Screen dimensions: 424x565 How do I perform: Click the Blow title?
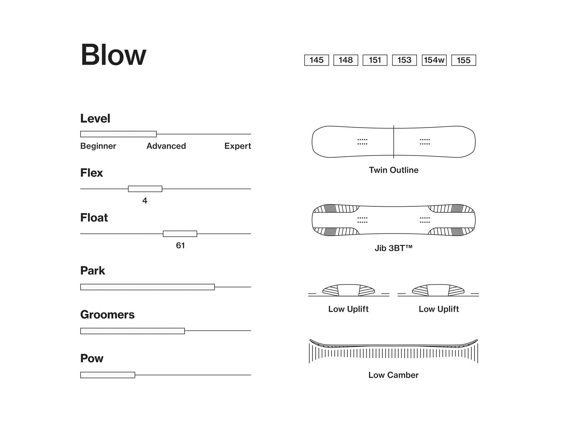pyautogui.click(x=113, y=55)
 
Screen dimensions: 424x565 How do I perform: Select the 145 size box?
pyautogui.click(x=316, y=60)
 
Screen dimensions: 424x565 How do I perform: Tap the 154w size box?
pyautogui.click(x=434, y=60)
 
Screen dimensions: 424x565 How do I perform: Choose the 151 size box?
pyautogui.click(x=375, y=60)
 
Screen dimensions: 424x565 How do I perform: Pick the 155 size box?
pyautogui.click(x=464, y=60)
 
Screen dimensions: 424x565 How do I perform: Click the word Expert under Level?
pyautogui.click(x=237, y=146)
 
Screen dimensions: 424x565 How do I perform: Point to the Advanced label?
pyautogui.click(x=166, y=146)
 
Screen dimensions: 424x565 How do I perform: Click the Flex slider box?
pyautogui.click(x=145, y=189)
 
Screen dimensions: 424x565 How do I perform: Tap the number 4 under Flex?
pyautogui.click(x=145, y=201)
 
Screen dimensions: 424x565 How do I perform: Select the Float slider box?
pyautogui.click(x=180, y=234)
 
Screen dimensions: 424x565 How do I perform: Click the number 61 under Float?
pyautogui.click(x=180, y=245)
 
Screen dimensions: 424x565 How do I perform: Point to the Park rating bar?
pyautogui.click(x=147, y=287)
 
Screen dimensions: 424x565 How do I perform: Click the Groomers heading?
pyautogui.click(x=107, y=314)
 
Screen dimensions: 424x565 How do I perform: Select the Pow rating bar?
pyautogui.click(x=108, y=375)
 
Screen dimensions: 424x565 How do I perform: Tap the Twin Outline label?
pyautogui.click(x=393, y=170)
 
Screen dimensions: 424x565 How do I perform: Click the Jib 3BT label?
pyautogui.click(x=393, y=248)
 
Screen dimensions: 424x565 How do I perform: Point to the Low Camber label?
pyautogui.click(x=393, y=375)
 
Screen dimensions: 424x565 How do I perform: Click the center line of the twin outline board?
pyautogui.click(x=394, y=142)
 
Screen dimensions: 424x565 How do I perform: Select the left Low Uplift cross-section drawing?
pyautogui.click(x=349, y=290)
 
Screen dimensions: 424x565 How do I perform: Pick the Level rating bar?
pyautogui.click(x=118, y=134)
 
